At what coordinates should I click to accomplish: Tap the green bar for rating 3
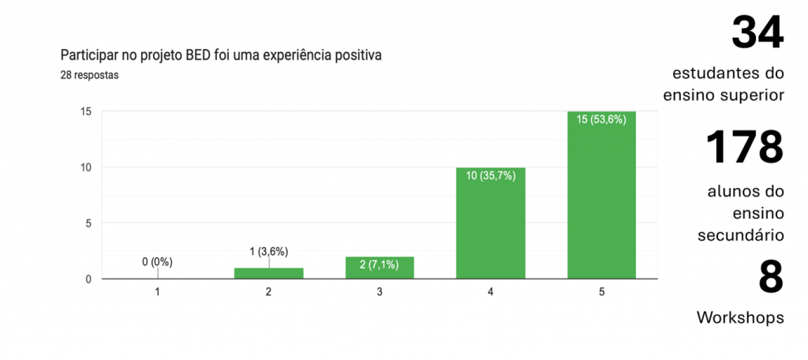click(x=380, y=268)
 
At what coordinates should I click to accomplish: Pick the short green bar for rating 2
click(x=268, y=273)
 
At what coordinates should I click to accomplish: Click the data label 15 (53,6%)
click(x=601, y=121)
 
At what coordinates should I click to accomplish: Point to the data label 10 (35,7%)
click(x=490, y=176)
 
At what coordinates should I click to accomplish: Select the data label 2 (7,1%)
click(x=380, y=265)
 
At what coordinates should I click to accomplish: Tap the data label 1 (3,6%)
click(x=268, y=252)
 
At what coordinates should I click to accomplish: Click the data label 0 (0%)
click(x=157, y=262)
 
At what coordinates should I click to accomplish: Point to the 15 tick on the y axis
click(x=86, y=111)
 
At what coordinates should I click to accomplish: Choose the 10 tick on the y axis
click(x=86, y=167)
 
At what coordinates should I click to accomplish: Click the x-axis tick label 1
click(x=158, y=292)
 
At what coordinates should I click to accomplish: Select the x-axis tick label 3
click(x=380, y=292)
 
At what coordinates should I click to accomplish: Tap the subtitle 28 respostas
click(x=89, y=75)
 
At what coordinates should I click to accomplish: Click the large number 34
click(x=757, y=32)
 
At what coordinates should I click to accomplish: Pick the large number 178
click(x=743, y=146)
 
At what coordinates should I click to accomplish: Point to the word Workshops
click(x=740, y=317)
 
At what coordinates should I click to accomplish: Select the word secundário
click(x=740, y=234)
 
